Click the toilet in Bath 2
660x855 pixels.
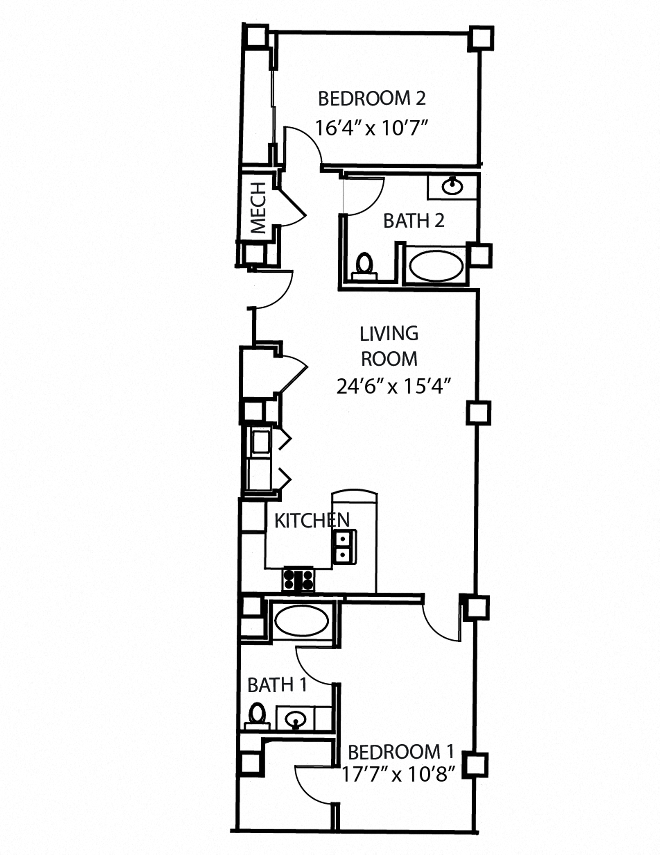(x=365, y=266)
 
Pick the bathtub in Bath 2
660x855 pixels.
(x=436, y=265)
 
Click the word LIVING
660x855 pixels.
(x=389, y=333)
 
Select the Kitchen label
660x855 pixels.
(x=312, y=520)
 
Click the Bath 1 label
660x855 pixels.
(x=277, y=685)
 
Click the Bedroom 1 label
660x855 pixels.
(x=401, y=752)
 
